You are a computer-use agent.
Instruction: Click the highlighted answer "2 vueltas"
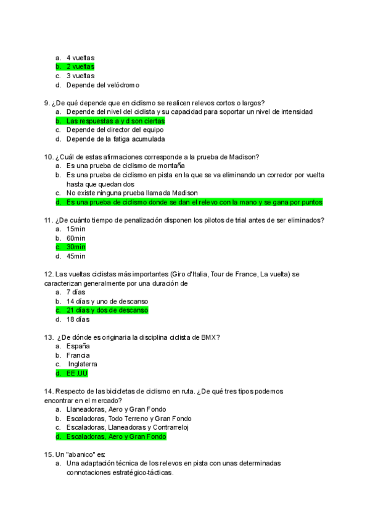[x=80, y=66]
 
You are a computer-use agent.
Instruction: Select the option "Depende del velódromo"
[x=102, y=85]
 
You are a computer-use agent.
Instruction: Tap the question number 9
[x=47, y=103]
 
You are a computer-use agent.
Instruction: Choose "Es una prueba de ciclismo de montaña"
[x=126, y=166]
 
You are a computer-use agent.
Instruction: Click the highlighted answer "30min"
[x=76, y=247]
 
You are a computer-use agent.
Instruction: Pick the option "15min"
[x=76, y=229]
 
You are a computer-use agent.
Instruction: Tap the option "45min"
[x=76, y=256]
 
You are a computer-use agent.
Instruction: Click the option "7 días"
[x=76, y=292]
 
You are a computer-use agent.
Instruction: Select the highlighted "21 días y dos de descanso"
[x=107, y=310]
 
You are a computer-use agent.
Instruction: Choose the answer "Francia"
[x=78, y=355]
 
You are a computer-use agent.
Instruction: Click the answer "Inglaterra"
[x=83, y=364]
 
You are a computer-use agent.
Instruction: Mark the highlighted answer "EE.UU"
[x=77, y=373]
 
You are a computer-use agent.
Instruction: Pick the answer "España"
[x=78, y=347]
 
